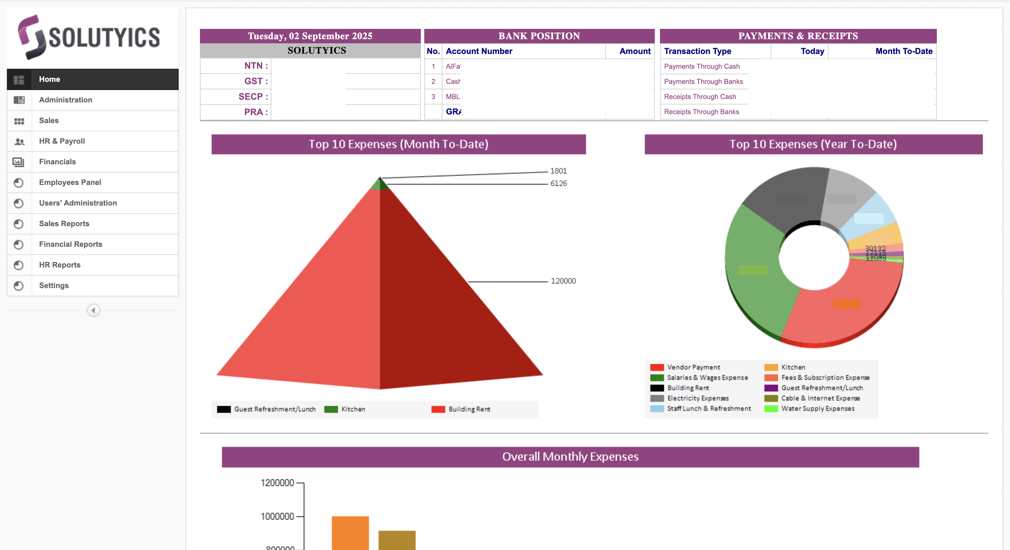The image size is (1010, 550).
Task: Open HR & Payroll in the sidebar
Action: (62, 141)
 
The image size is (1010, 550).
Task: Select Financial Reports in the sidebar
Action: (70, 244)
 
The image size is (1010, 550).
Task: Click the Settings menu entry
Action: (54, 286)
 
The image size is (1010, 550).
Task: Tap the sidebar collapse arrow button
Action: (93, 311)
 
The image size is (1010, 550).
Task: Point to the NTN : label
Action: (256, 66)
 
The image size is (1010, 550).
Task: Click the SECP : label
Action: (253, 97)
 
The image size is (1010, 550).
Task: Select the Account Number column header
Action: (479, 52)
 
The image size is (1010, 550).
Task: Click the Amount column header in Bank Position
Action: (635, 52)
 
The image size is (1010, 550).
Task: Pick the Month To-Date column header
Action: (904, 52)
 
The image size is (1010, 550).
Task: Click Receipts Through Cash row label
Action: (700, 97)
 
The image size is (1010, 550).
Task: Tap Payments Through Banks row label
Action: (703, 81)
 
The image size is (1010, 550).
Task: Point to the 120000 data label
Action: (563, 281)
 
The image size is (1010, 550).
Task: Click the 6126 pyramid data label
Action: (558, 184)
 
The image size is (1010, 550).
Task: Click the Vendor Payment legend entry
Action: (693, 367)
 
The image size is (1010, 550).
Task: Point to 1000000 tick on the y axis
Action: (277, 517)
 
